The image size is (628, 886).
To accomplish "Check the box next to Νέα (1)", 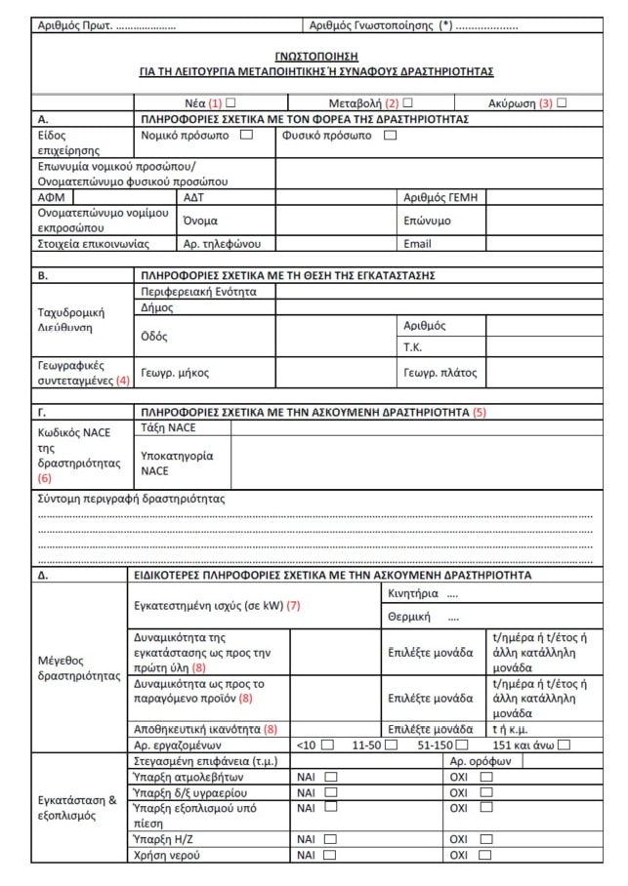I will (231, 102).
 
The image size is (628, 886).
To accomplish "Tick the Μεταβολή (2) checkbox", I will (407, 102).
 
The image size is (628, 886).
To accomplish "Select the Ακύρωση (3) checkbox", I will (562, 102).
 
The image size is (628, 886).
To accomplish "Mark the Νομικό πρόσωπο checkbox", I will (246, 135).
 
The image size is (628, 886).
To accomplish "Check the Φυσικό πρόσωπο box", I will (390, 135).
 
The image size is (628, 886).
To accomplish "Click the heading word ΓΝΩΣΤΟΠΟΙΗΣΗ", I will (316, 57).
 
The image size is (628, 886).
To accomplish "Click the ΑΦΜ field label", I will (50, 197).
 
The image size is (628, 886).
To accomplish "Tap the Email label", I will (417, 243).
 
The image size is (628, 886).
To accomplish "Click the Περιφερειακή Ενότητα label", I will (198, 291).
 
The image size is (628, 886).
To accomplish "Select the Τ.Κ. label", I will (413, 346).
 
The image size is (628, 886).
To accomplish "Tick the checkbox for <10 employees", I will (327, 745).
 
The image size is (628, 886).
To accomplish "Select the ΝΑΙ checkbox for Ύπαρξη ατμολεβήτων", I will (329, 777).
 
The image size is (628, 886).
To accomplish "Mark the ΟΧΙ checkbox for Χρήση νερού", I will (485, 855).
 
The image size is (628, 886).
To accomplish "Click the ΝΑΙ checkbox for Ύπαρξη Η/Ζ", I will (329, 839).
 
